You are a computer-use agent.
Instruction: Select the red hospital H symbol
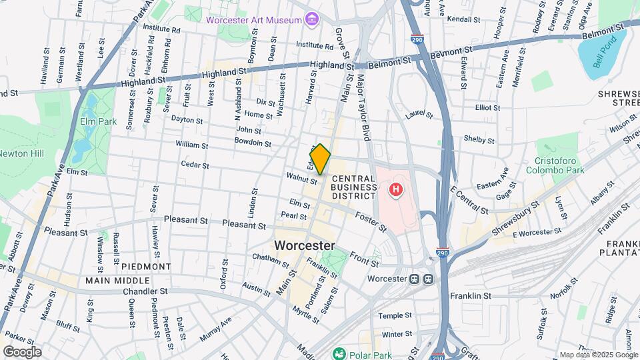click(396, 190)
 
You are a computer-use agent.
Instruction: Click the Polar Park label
click(368, 353)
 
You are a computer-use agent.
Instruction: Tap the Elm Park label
click(99, 121)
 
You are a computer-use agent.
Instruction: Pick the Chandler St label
click(145, 291)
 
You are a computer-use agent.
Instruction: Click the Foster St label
click(371, 222)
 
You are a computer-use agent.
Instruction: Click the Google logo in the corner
click(22, 351)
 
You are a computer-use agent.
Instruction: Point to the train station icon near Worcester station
click(421, 279)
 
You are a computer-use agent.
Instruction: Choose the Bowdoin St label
click(253, 142)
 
